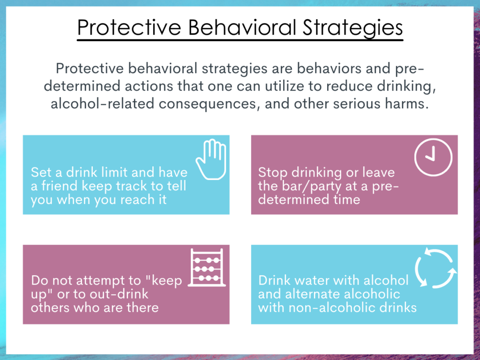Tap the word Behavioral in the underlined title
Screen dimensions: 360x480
[242, 28]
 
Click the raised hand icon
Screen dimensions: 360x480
[210, 159]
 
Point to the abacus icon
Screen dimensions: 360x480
[207, 268]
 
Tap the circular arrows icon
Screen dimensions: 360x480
[435, 269]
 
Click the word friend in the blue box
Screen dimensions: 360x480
[59, 186]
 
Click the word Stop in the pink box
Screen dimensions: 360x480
[272, 172]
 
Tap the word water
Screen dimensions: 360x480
[311, 281]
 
